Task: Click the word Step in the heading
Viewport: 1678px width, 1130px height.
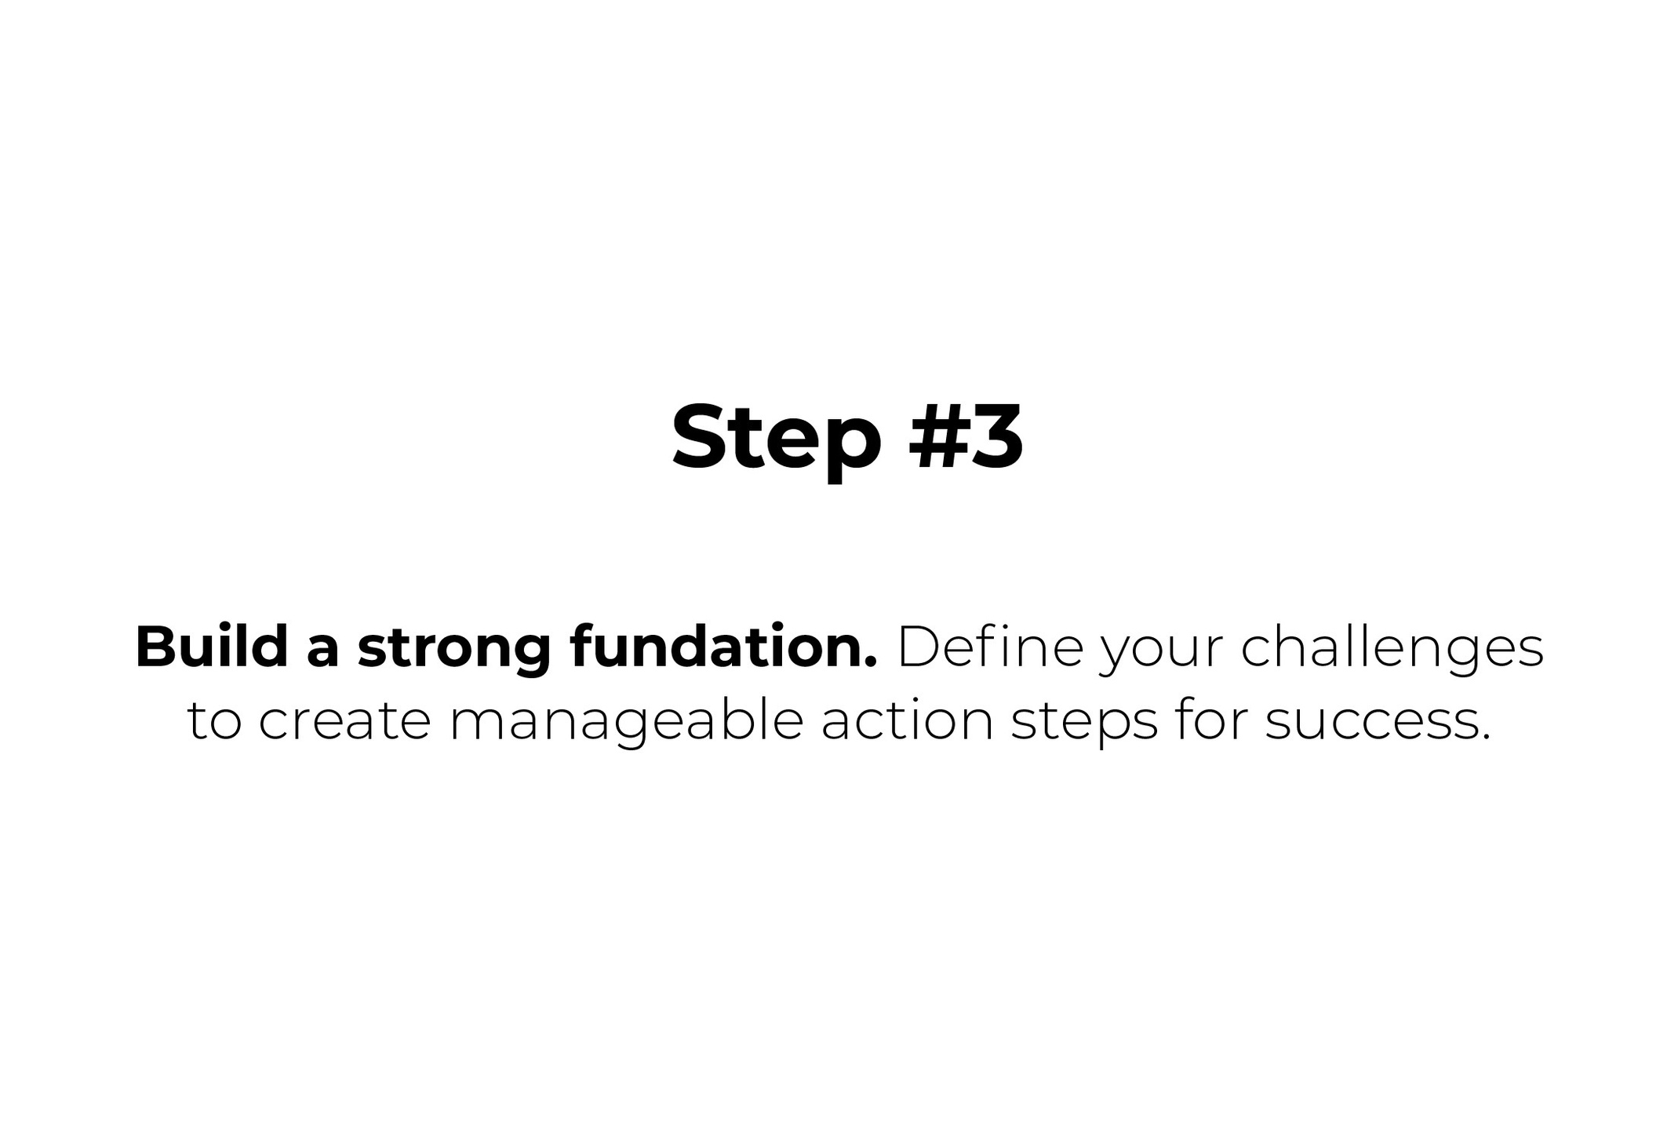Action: point(777,439)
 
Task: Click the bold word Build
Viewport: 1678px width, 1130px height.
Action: point(212,647)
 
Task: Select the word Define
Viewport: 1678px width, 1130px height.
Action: point(990,647)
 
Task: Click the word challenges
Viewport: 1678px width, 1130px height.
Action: point(1392,651)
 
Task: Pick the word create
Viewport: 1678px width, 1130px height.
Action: point(345,721)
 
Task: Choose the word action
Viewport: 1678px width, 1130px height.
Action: point(908,720)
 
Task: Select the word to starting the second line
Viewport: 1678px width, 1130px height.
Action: point(213,721)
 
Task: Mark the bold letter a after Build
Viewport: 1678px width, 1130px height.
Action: point(322,654)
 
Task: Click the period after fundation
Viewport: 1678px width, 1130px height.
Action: point(870,665)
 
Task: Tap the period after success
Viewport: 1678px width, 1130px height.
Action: point(1484,737)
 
